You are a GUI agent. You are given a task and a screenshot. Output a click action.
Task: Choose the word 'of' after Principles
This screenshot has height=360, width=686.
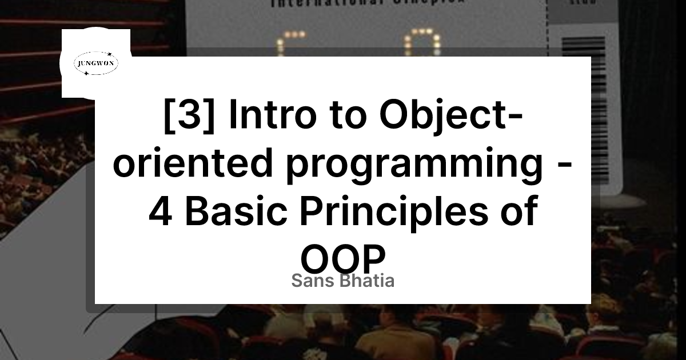[519, 213]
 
